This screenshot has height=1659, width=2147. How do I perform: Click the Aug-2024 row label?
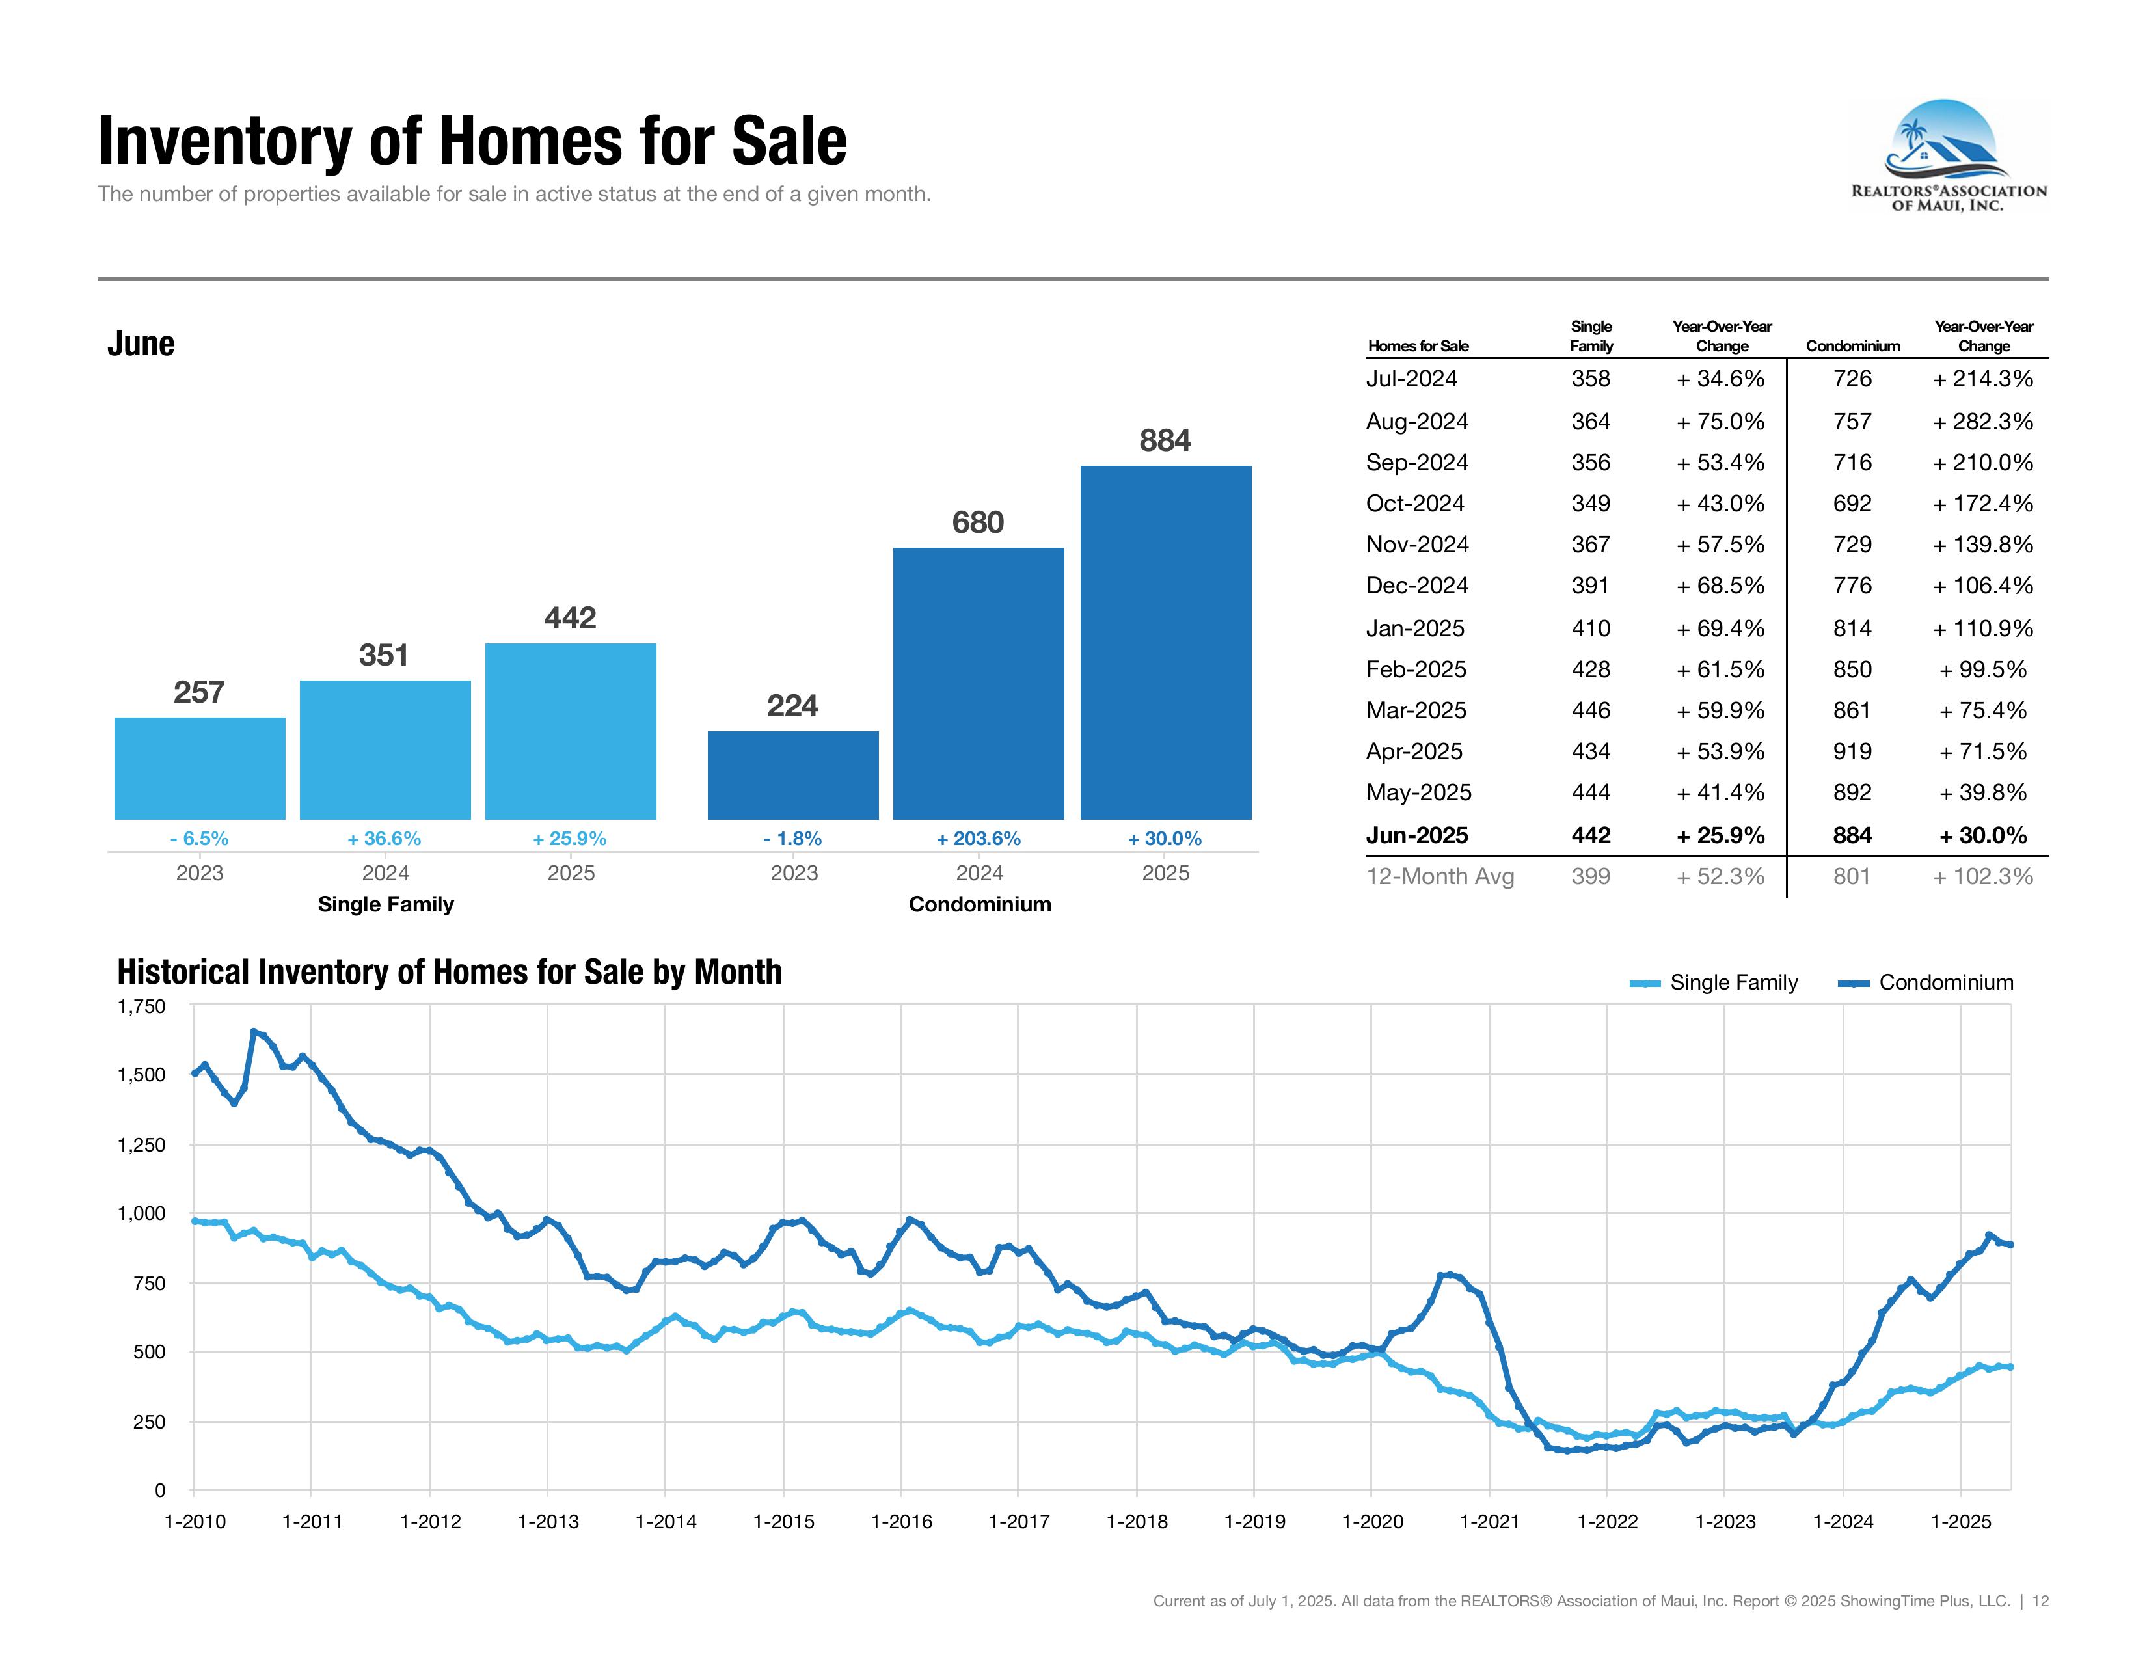pyautogui.click(x=1416, y=422)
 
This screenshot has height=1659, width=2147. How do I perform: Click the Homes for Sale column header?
pyautogui.click(x=1418, y=346)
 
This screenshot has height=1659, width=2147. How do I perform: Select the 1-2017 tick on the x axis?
pyautogui.click(x=1018, y=1522)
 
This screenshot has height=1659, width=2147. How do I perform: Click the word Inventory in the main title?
pyautogui.click(x=224, y=142)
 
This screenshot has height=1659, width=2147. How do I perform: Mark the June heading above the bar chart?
pyautogui.click(x=141, y=344)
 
